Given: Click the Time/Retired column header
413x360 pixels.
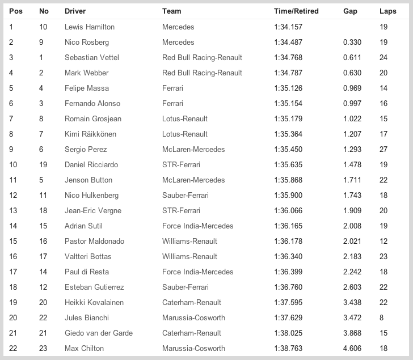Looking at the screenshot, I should pyautogui.click(x=296, y=11).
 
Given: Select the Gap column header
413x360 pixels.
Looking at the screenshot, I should pyautogui.click(x=350, y=11).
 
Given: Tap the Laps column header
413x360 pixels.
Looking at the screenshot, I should pyautogui.click(x=388, y=11).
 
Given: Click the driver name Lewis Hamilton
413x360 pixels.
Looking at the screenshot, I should pyautogui.click(x=89, y=27).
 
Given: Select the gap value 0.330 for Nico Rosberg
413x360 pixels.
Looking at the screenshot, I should pyautogui.click(x=352, y=42).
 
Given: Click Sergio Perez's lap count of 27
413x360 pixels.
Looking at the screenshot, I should pyautogui.click(x=383, y=149).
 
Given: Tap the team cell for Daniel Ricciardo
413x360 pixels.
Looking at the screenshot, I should pyautogui.click(x=185, y=164).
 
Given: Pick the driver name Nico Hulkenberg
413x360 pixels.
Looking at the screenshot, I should pyautogui.click(x=92, y=195).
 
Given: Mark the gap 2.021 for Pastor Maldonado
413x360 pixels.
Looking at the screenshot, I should pyautogui.click(x=352, y=241).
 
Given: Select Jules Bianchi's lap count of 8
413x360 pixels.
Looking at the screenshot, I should pyautogui.click(x=382, y=317).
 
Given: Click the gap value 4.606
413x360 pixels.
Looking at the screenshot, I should pyautogui.click(x=352, y=348).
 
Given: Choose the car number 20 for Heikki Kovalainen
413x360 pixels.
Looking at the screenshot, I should pyautogui.click(x=43, y=302).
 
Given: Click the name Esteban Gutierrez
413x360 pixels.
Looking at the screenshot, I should pyautogui.click(x=94, y=287).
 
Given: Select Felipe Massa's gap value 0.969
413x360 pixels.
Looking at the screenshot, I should pyautogui.click(x=352, y=88).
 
